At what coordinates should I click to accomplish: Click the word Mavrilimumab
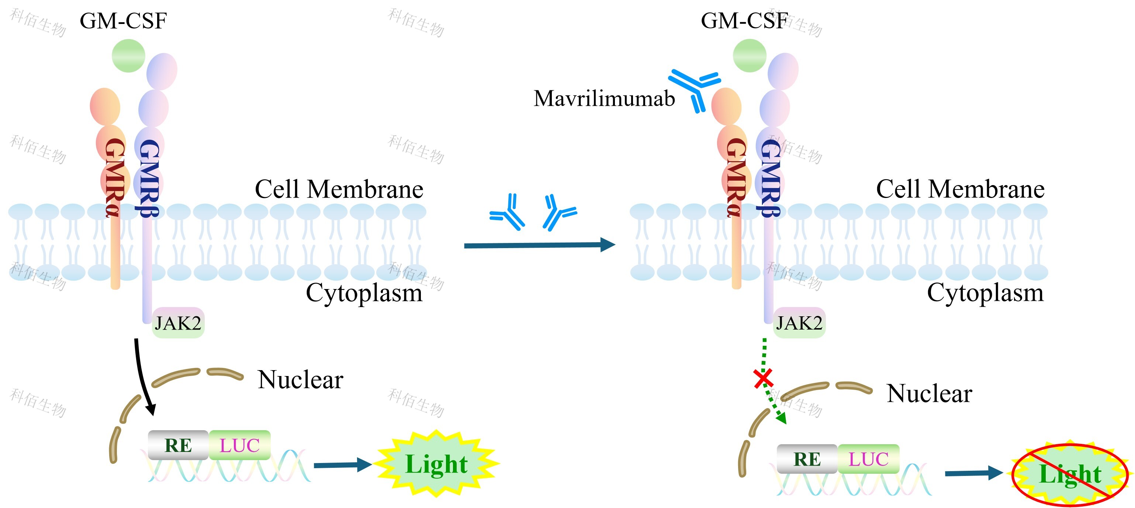click(604, 98)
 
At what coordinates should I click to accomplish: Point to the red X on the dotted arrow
click(763, 379)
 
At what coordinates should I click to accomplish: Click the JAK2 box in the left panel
click(178, 323)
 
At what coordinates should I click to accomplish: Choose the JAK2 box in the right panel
click(799, 323)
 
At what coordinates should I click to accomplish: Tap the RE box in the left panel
click(178, 445)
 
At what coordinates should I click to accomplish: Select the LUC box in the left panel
click(240, 445)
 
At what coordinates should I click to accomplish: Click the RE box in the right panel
click(807, 459)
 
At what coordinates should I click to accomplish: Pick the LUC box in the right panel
click(868, 459)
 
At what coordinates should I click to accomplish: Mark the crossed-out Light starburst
click(1070, 474)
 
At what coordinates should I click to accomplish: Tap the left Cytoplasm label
click(364, 293)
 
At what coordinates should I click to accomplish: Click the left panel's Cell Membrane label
click(339, 189)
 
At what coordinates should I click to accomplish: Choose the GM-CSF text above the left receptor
click(123, 21)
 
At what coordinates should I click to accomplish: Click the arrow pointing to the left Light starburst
click(342, 465)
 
